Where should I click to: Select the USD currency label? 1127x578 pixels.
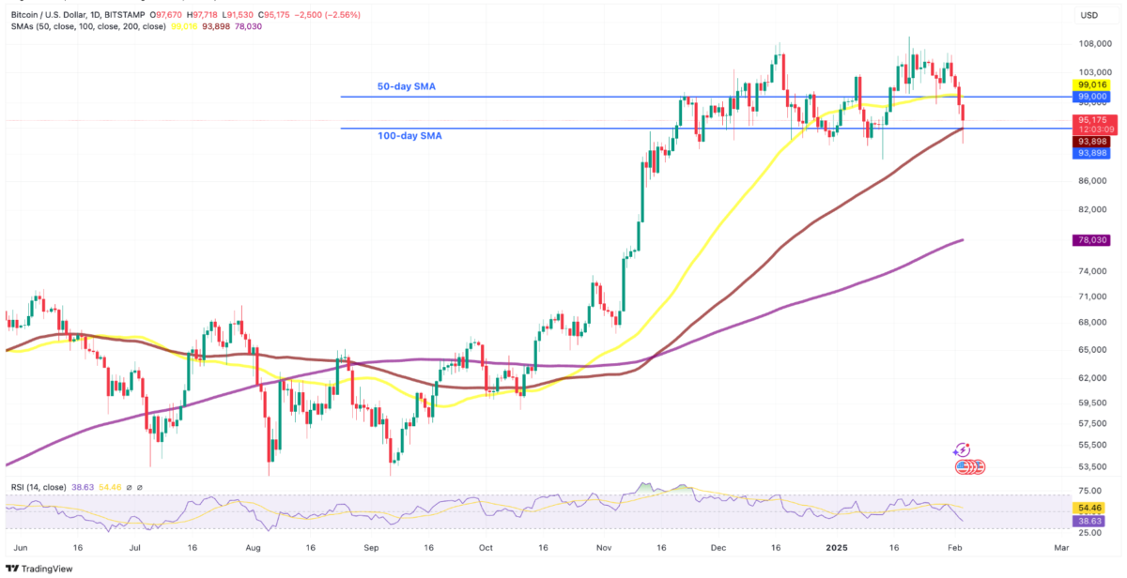(1089, 15)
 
